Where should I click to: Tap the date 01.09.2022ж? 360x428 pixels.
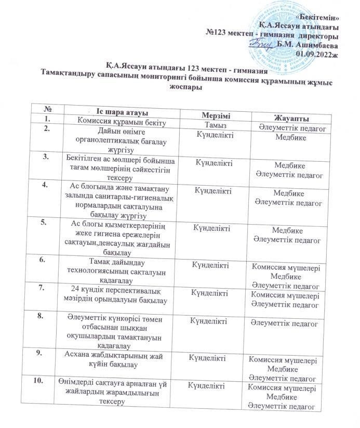tap(317, 53)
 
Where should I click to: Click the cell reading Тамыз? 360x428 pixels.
tap(215, 125)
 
